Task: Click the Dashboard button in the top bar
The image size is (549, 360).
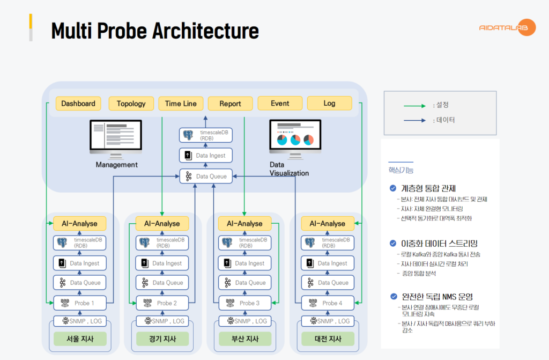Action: tap(78, 104)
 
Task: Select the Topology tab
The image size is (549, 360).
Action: tap(131, 104)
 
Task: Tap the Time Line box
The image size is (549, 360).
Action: tap(181, 104)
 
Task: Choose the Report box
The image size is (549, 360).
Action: tap(230, 104)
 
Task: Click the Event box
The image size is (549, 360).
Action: tap(280, 104)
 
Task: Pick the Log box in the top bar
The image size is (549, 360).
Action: tap(329, 103)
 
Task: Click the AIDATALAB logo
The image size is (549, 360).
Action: tap(507, 27)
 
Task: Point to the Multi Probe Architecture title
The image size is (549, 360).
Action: tap(154, 31)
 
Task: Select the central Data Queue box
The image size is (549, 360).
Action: tap(206, 176)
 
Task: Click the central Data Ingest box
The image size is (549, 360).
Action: tap(206, 156)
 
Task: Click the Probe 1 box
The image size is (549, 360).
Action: tap(79, 303)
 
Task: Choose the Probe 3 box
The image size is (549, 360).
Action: tap(244, 303)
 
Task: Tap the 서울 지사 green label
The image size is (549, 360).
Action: tap(79, 339)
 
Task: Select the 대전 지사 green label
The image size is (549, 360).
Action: tap(328, 339)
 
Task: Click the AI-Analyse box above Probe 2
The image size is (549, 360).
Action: tap(162, 223)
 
